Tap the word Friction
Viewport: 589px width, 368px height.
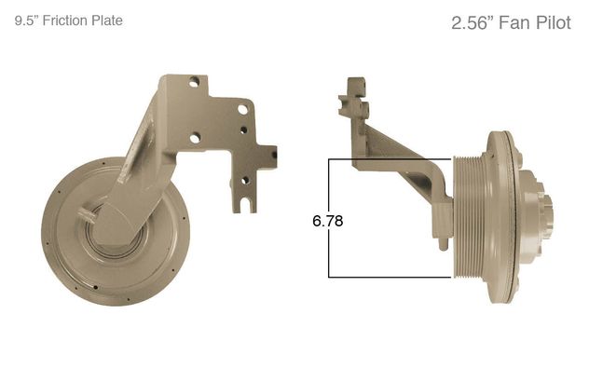coord(60,20)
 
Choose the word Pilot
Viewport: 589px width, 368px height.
coord(554,23)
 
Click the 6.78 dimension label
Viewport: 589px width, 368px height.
coord(327,221)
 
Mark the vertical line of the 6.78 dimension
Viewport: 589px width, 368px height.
coord(329,218)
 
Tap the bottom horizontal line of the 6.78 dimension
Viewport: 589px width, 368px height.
coord(390,277)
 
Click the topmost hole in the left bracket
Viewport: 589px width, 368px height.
coord(194,82)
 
